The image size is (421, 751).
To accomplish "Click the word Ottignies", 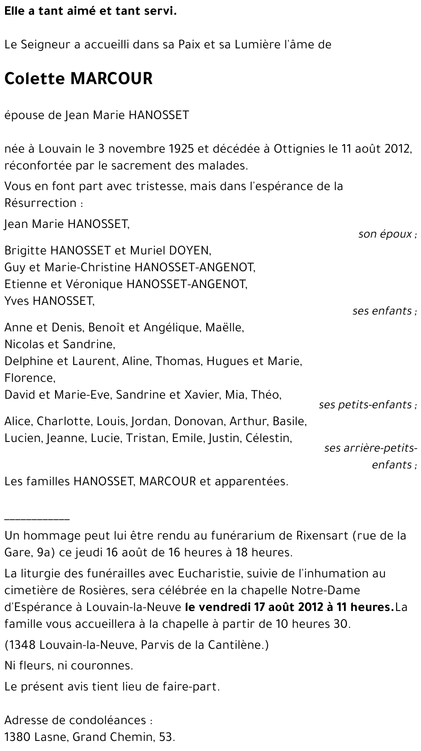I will point(299,148).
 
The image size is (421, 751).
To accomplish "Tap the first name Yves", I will point(17,301).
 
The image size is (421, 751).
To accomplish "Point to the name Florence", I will point(29,378).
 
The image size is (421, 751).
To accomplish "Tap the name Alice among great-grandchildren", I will point(18,421).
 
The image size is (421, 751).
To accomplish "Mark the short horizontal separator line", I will point(37,520).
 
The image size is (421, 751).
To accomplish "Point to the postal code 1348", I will point(23,645).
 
